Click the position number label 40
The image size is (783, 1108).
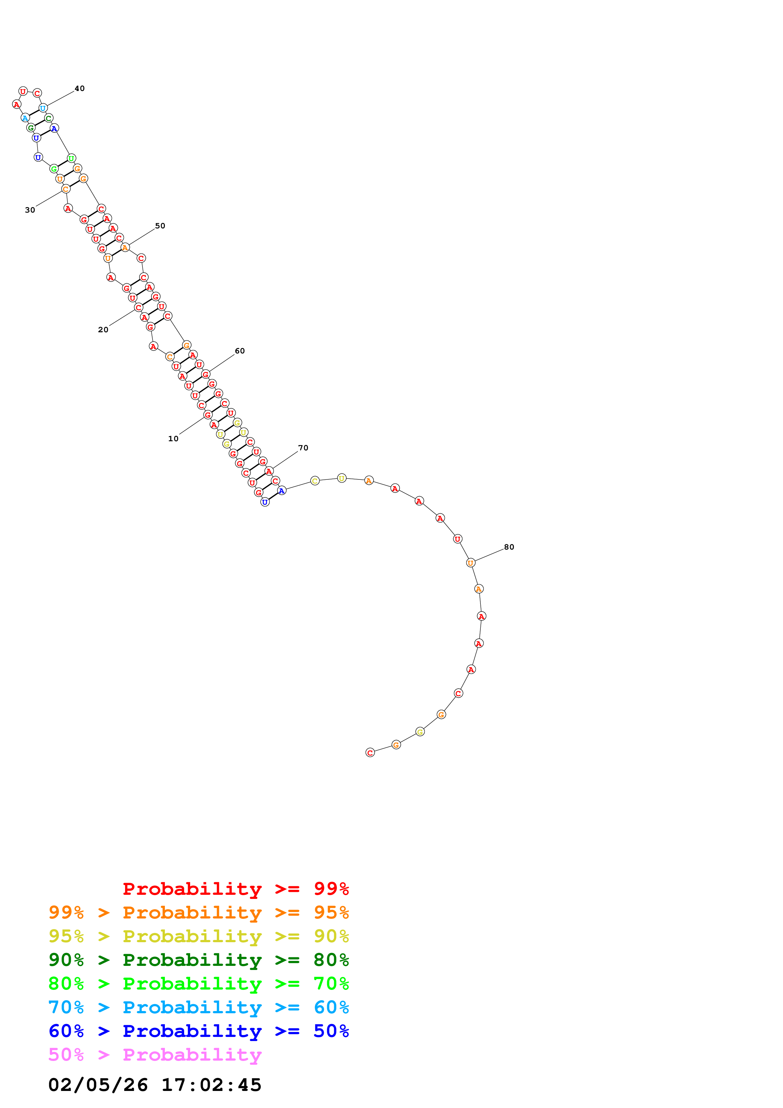coord(80,88)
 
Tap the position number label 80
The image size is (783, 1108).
coord(509,547)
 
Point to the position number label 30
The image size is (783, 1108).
coord(30,210)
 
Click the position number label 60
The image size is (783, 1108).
coord(240,351)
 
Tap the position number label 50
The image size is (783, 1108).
coord(160,226)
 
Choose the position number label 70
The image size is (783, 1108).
coord(303,448)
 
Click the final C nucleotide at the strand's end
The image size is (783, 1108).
coord(370,752)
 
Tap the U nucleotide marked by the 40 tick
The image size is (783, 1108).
coord(43,108)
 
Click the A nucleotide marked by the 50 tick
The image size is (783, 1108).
coord(125,248)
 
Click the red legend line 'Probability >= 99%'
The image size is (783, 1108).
coord(235,888)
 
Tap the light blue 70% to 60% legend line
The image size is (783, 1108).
coord(198,1007)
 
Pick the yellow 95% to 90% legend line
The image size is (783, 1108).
coord(198,936)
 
